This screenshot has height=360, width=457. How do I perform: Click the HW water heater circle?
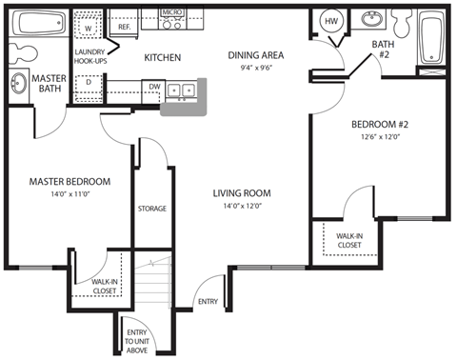(331, 21)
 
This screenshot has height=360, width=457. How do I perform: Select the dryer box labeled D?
(88, 82)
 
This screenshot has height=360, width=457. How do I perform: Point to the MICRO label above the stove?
(171, 13)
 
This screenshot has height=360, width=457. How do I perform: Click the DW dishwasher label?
(154, 85)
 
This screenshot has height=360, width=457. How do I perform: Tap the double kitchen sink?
(181, 90)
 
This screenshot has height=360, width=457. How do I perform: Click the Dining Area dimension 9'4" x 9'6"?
(256, 68)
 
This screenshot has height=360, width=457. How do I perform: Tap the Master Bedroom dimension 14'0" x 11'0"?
(69, 194)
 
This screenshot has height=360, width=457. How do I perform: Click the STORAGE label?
(152, 209)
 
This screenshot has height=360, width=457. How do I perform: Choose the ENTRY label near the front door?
(208, 303)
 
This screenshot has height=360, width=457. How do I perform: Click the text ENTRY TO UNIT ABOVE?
(136, 339)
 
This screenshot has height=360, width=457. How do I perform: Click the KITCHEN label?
(163, 58)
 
